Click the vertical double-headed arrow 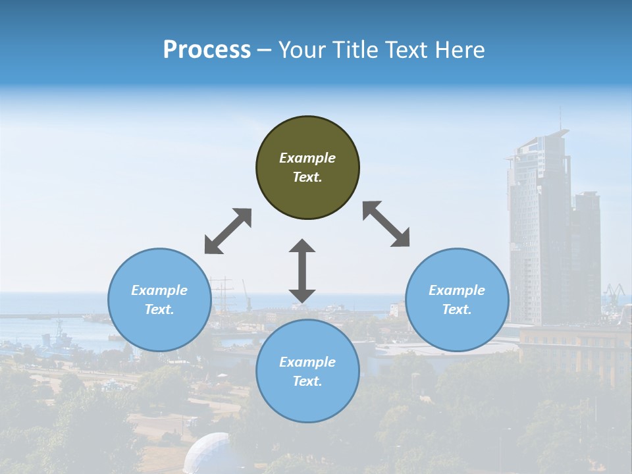point(302,271)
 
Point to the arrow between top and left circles point(228,231)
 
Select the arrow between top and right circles point(386,224)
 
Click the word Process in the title point(207,50)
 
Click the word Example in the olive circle point(307,158)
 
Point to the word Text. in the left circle point(159,309)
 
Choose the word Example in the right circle point(457,290)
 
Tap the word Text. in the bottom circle point(307,381)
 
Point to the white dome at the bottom point(207,454)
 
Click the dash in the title point(265,50)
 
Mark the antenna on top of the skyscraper point(561,119)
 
